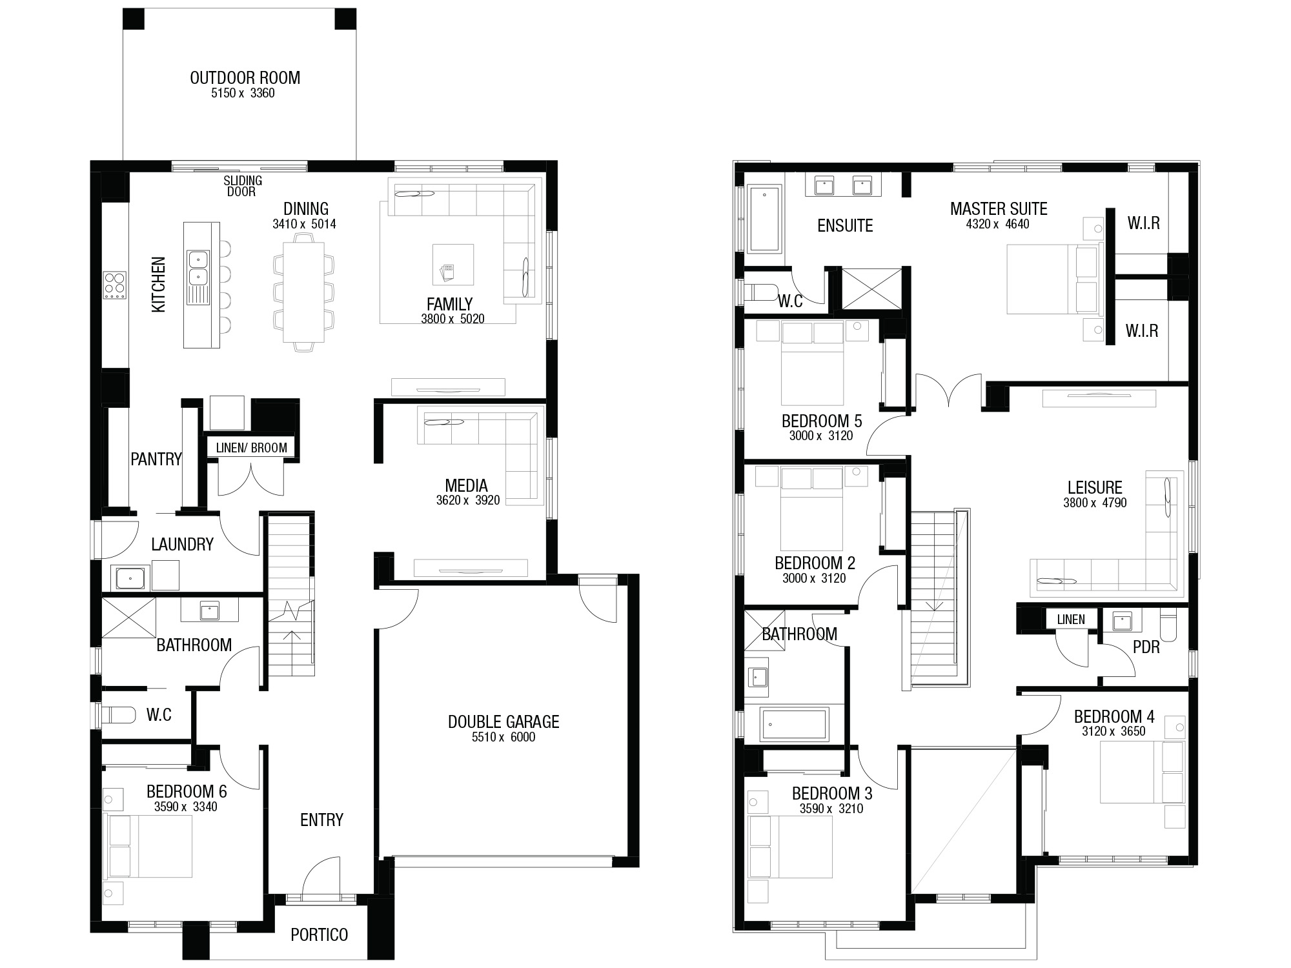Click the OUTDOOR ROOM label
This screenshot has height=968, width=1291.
click(x=245, y=78)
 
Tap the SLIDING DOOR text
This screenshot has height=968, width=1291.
click(x=243, y=186)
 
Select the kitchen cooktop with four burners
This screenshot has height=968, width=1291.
click(x=115, y=285)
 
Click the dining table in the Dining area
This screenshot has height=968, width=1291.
click(x=303, y=292)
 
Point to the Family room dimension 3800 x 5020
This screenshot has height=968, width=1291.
click(x=452, y=319)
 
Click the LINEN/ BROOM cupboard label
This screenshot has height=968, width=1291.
click(x=252, y=448)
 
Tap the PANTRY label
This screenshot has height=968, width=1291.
click(x=156, y=459)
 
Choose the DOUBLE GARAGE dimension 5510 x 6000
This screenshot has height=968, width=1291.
click(x=503, y=737)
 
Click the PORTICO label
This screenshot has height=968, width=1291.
click(x=319, y=934)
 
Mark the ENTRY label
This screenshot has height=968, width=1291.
click(x=321, y=820)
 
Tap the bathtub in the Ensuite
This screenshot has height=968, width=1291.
click(x=764, y=218)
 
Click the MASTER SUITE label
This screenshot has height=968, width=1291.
click(x=999, y=209)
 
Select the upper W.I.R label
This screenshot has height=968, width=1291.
click(x=1144, y=223)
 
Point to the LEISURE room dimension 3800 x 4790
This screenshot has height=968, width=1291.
click(x=1095, y=503)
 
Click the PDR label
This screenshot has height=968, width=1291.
click(x=1146, y=647)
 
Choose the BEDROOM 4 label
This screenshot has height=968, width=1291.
click(x=1114, y=716)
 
